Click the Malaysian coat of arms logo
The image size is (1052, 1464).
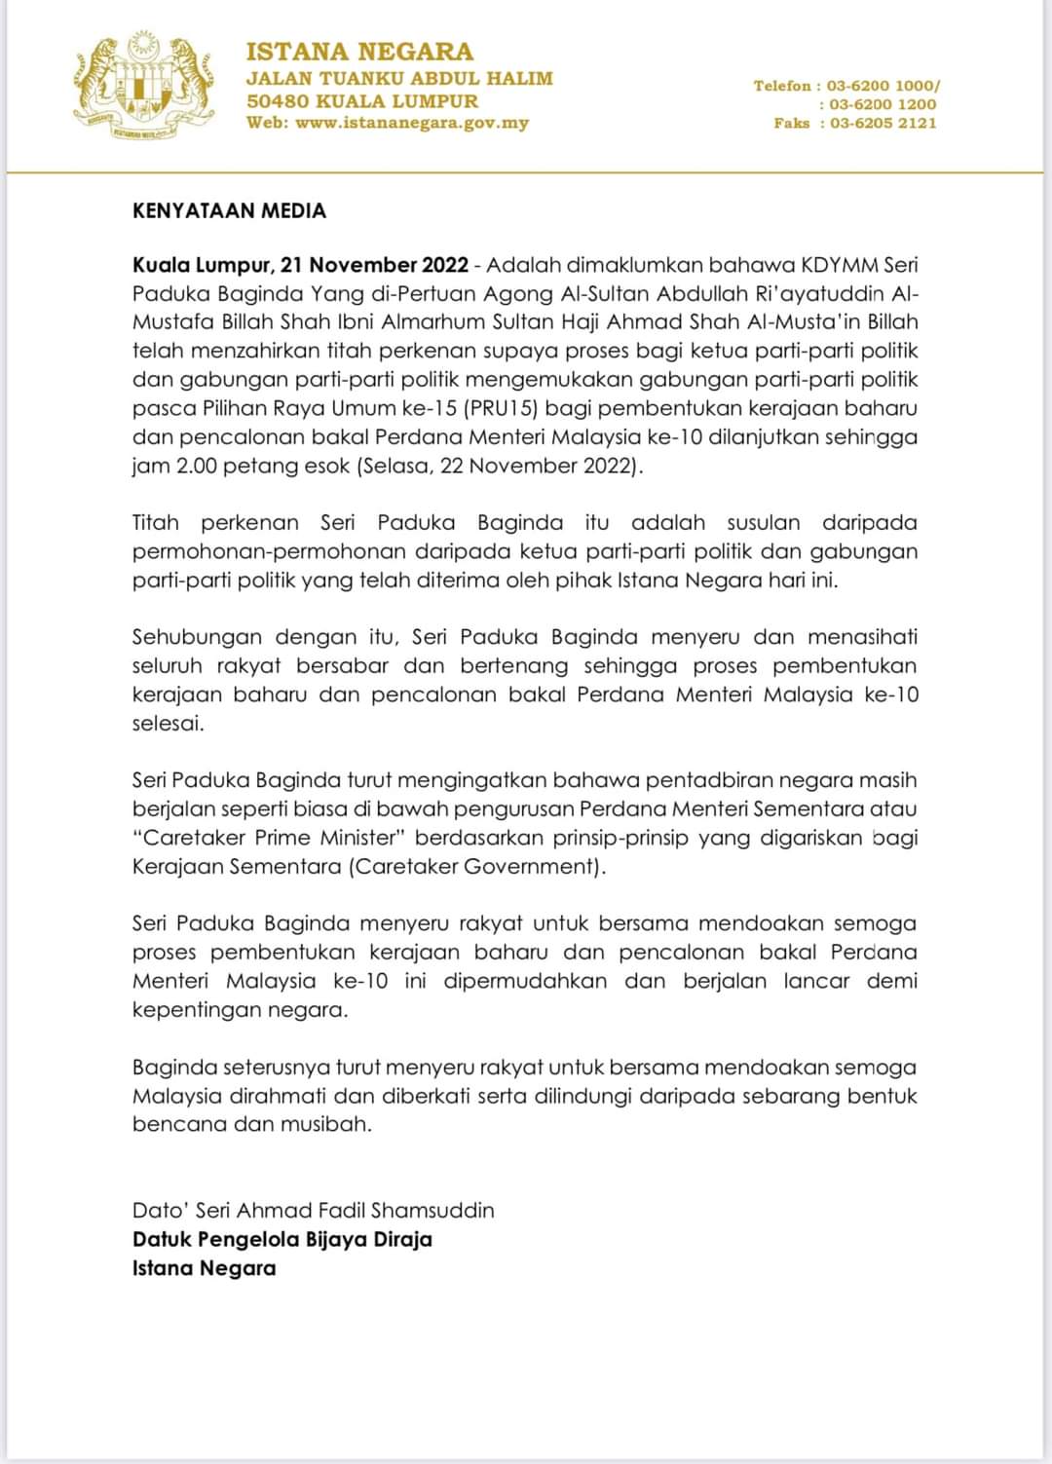142,85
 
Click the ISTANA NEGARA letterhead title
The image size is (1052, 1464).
359,52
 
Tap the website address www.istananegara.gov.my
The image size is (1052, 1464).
412,123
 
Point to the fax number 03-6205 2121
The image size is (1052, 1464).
883,123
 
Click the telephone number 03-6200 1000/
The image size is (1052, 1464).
883,86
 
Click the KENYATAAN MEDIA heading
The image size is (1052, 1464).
229,210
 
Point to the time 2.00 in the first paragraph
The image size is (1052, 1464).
197,466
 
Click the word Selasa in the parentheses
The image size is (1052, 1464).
396,466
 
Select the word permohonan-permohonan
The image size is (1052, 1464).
268,551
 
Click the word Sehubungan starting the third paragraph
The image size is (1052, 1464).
198,638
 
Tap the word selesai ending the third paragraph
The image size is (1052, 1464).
168,724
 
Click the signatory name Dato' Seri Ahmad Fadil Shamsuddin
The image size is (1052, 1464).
313,1211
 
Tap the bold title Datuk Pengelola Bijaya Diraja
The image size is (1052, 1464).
282,1239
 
